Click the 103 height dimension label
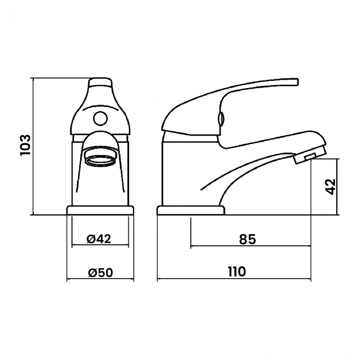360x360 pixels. (x=25, y=145)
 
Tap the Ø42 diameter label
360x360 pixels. (x=99, y=239)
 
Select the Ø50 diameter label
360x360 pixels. (x=101, y=272)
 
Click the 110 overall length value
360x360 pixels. (x=236, y=272)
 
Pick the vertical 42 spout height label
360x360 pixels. (x=331, y=187)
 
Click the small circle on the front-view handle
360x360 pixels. (x=101, y=118)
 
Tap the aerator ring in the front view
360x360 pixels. (x=100, y=160)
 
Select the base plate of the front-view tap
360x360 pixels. (x=100, y=210)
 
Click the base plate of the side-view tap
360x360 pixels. (x=191, y=210)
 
